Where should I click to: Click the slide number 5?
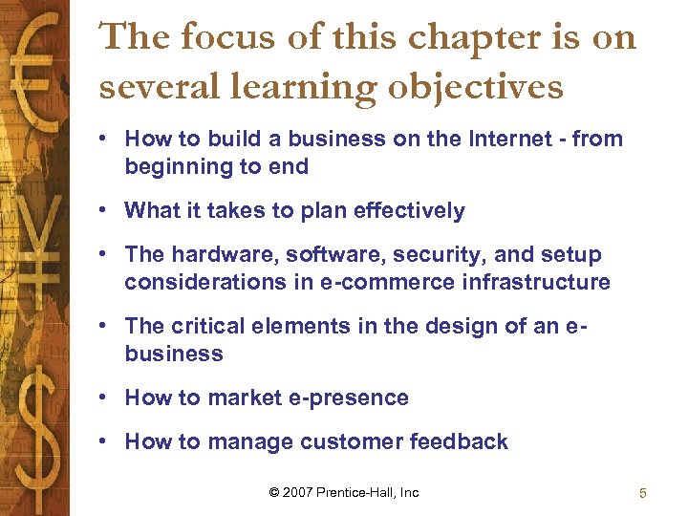(x=643, y=494)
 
